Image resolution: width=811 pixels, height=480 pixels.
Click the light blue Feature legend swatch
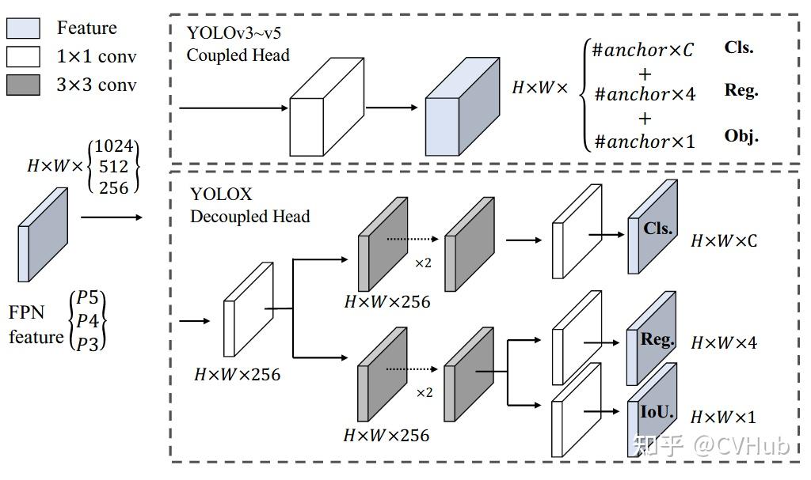(x=23, y=28)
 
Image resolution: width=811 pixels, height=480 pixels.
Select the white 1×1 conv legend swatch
(x=23, y=57)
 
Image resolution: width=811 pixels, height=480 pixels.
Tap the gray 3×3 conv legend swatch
(x=23, y=85)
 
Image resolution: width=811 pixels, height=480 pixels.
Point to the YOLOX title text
(x=220, y=194)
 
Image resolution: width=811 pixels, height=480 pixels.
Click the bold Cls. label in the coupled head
(x=739, y=47)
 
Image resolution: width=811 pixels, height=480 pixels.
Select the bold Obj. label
(x=741, y=136)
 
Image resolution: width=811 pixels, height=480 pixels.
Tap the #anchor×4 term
(x=645, y=95)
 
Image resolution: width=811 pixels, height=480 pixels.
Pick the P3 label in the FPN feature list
(x=88, y=341)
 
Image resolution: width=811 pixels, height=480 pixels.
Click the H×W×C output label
(x=724, y=240)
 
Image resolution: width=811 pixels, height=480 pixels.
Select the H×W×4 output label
(x=724, y=343)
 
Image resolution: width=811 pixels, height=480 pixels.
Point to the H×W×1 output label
(x=723, y=417)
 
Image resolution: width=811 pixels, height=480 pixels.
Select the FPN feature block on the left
(x=43, y=234)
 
